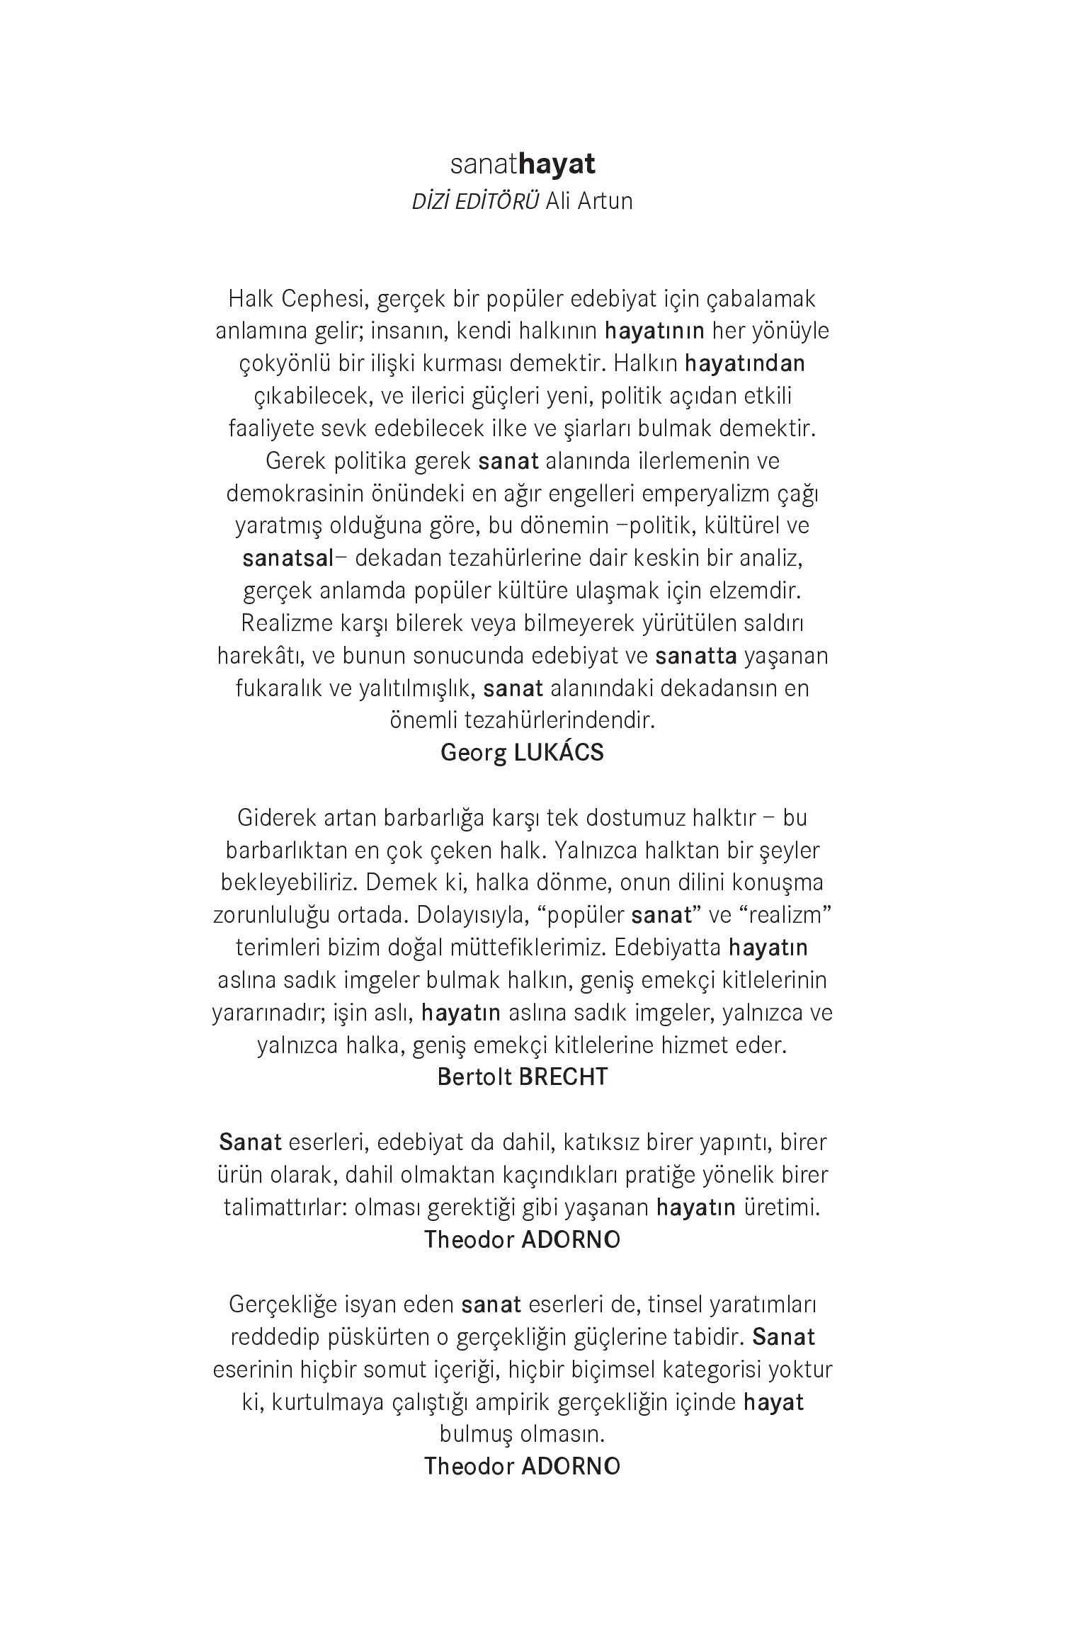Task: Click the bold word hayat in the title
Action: pyautogui.click(x=557, y=164)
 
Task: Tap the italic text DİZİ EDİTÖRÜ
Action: pyautogui.click(x=476, y=201)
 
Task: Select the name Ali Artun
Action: pyautogui.click(x=589, y=201)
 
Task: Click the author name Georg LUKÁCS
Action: pyautogui.click(x=522, y=752)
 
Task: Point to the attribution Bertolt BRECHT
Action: pyautogui.click(x=522, y=1077)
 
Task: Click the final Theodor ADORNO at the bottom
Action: pyautogui.click(x=522, y=1466)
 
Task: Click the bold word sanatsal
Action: pyautogui.click(x=288, y=558)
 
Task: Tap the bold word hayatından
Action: pyautogui.click(x=745, y=363)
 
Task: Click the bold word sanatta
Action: pyautogui.click(x=696, y=656)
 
